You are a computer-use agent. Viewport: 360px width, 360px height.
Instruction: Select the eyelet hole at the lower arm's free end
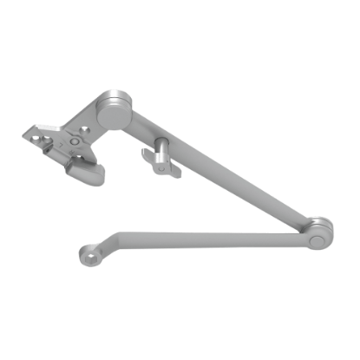pos(88,256)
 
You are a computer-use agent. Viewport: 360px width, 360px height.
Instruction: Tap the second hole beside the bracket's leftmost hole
pos(45,139)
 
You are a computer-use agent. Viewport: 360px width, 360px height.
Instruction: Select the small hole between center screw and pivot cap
pos(84,128)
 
